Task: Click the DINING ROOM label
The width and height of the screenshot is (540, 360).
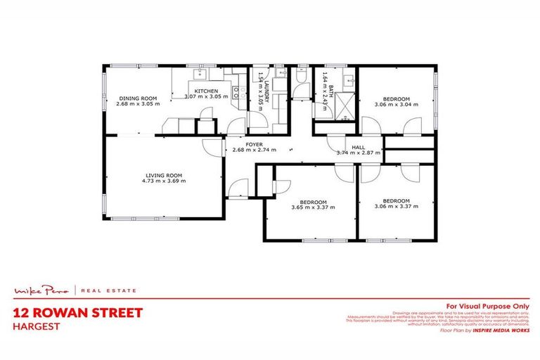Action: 138,98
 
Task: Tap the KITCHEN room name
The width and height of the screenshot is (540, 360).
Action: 206,91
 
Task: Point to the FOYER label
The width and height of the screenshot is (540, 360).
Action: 254,143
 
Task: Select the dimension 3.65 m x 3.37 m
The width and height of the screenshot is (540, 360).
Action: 314,207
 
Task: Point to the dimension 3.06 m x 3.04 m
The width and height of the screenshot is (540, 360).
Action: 397,104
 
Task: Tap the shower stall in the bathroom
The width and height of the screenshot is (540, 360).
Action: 345,103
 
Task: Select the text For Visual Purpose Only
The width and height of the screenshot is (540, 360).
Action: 487,306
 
